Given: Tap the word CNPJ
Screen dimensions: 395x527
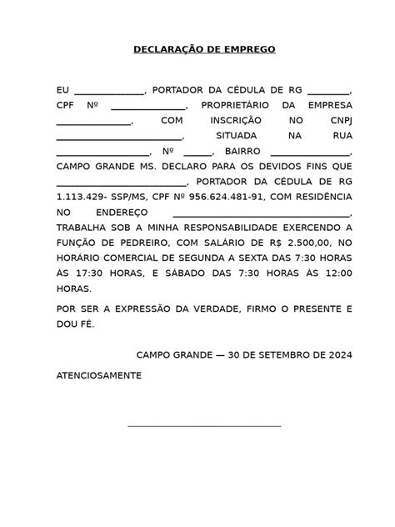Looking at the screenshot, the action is click(x=340, y=122).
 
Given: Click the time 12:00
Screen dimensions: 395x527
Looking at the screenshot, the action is click(x=338, y=274).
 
